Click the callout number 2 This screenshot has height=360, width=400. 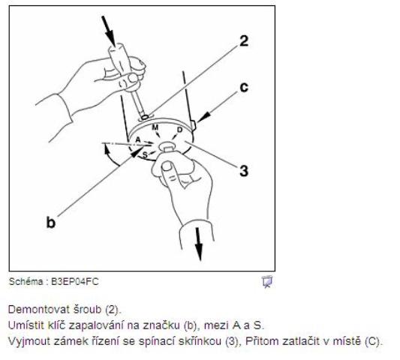pyautogui.click(x=244, y=40)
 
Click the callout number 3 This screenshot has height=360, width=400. pyautogui.click(x=244, y=170)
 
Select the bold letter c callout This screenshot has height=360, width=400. pyautogui.click(x=244, y=87)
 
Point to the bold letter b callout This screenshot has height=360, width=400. pyautogui.click(x=51, y=221)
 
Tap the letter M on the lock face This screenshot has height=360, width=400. pyautogui.click(x=155, y=127)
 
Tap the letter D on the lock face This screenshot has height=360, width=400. pyautogui.click(x=179, y=130)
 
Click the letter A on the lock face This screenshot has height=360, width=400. pyautogui.click(x=138, y=139)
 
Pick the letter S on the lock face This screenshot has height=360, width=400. pyautogui.click(x=145, y=154)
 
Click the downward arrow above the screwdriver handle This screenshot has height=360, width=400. pyautogui.click(x=109, y=31)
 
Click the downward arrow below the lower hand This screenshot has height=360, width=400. pyautogui.click(x=198, y=244)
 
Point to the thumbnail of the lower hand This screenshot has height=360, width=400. pyautogui.click(x=167, y=167)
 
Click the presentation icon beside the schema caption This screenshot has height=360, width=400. pyautogui.click(x=267, y=282)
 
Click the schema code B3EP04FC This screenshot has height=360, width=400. pyautogui.click(x=75, y=282)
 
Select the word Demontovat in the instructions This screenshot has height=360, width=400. pyautogui.click(x=39, y=310)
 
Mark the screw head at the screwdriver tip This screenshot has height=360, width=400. pyautogui.click(x=145, y=117)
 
